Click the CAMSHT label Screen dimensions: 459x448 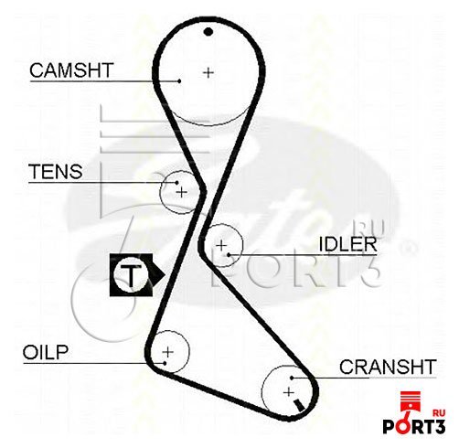[71, 70]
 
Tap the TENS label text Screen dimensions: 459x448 [56, 171]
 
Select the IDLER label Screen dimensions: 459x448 [347, 244]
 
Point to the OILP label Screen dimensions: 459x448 [46, 352]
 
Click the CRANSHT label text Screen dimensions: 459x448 [388, 367]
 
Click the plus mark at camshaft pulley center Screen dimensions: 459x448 [208, 72]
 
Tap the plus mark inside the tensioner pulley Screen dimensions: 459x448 [182, 192]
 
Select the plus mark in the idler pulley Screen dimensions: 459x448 [221, 245]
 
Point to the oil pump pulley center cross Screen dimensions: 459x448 [168, 352]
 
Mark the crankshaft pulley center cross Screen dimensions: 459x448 [288, 392]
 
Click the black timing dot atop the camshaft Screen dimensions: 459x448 [208, 31]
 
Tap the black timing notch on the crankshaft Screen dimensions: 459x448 [299, 406]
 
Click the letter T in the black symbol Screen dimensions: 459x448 [131, 275]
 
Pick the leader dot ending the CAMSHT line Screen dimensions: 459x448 [179, 81]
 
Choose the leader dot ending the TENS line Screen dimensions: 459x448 [176, 183]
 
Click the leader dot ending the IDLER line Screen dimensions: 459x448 [229, 254]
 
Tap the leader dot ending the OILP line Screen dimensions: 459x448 [165, 363]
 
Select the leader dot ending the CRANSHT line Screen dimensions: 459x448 [292, 378]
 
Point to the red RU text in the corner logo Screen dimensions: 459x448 [439, 413]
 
